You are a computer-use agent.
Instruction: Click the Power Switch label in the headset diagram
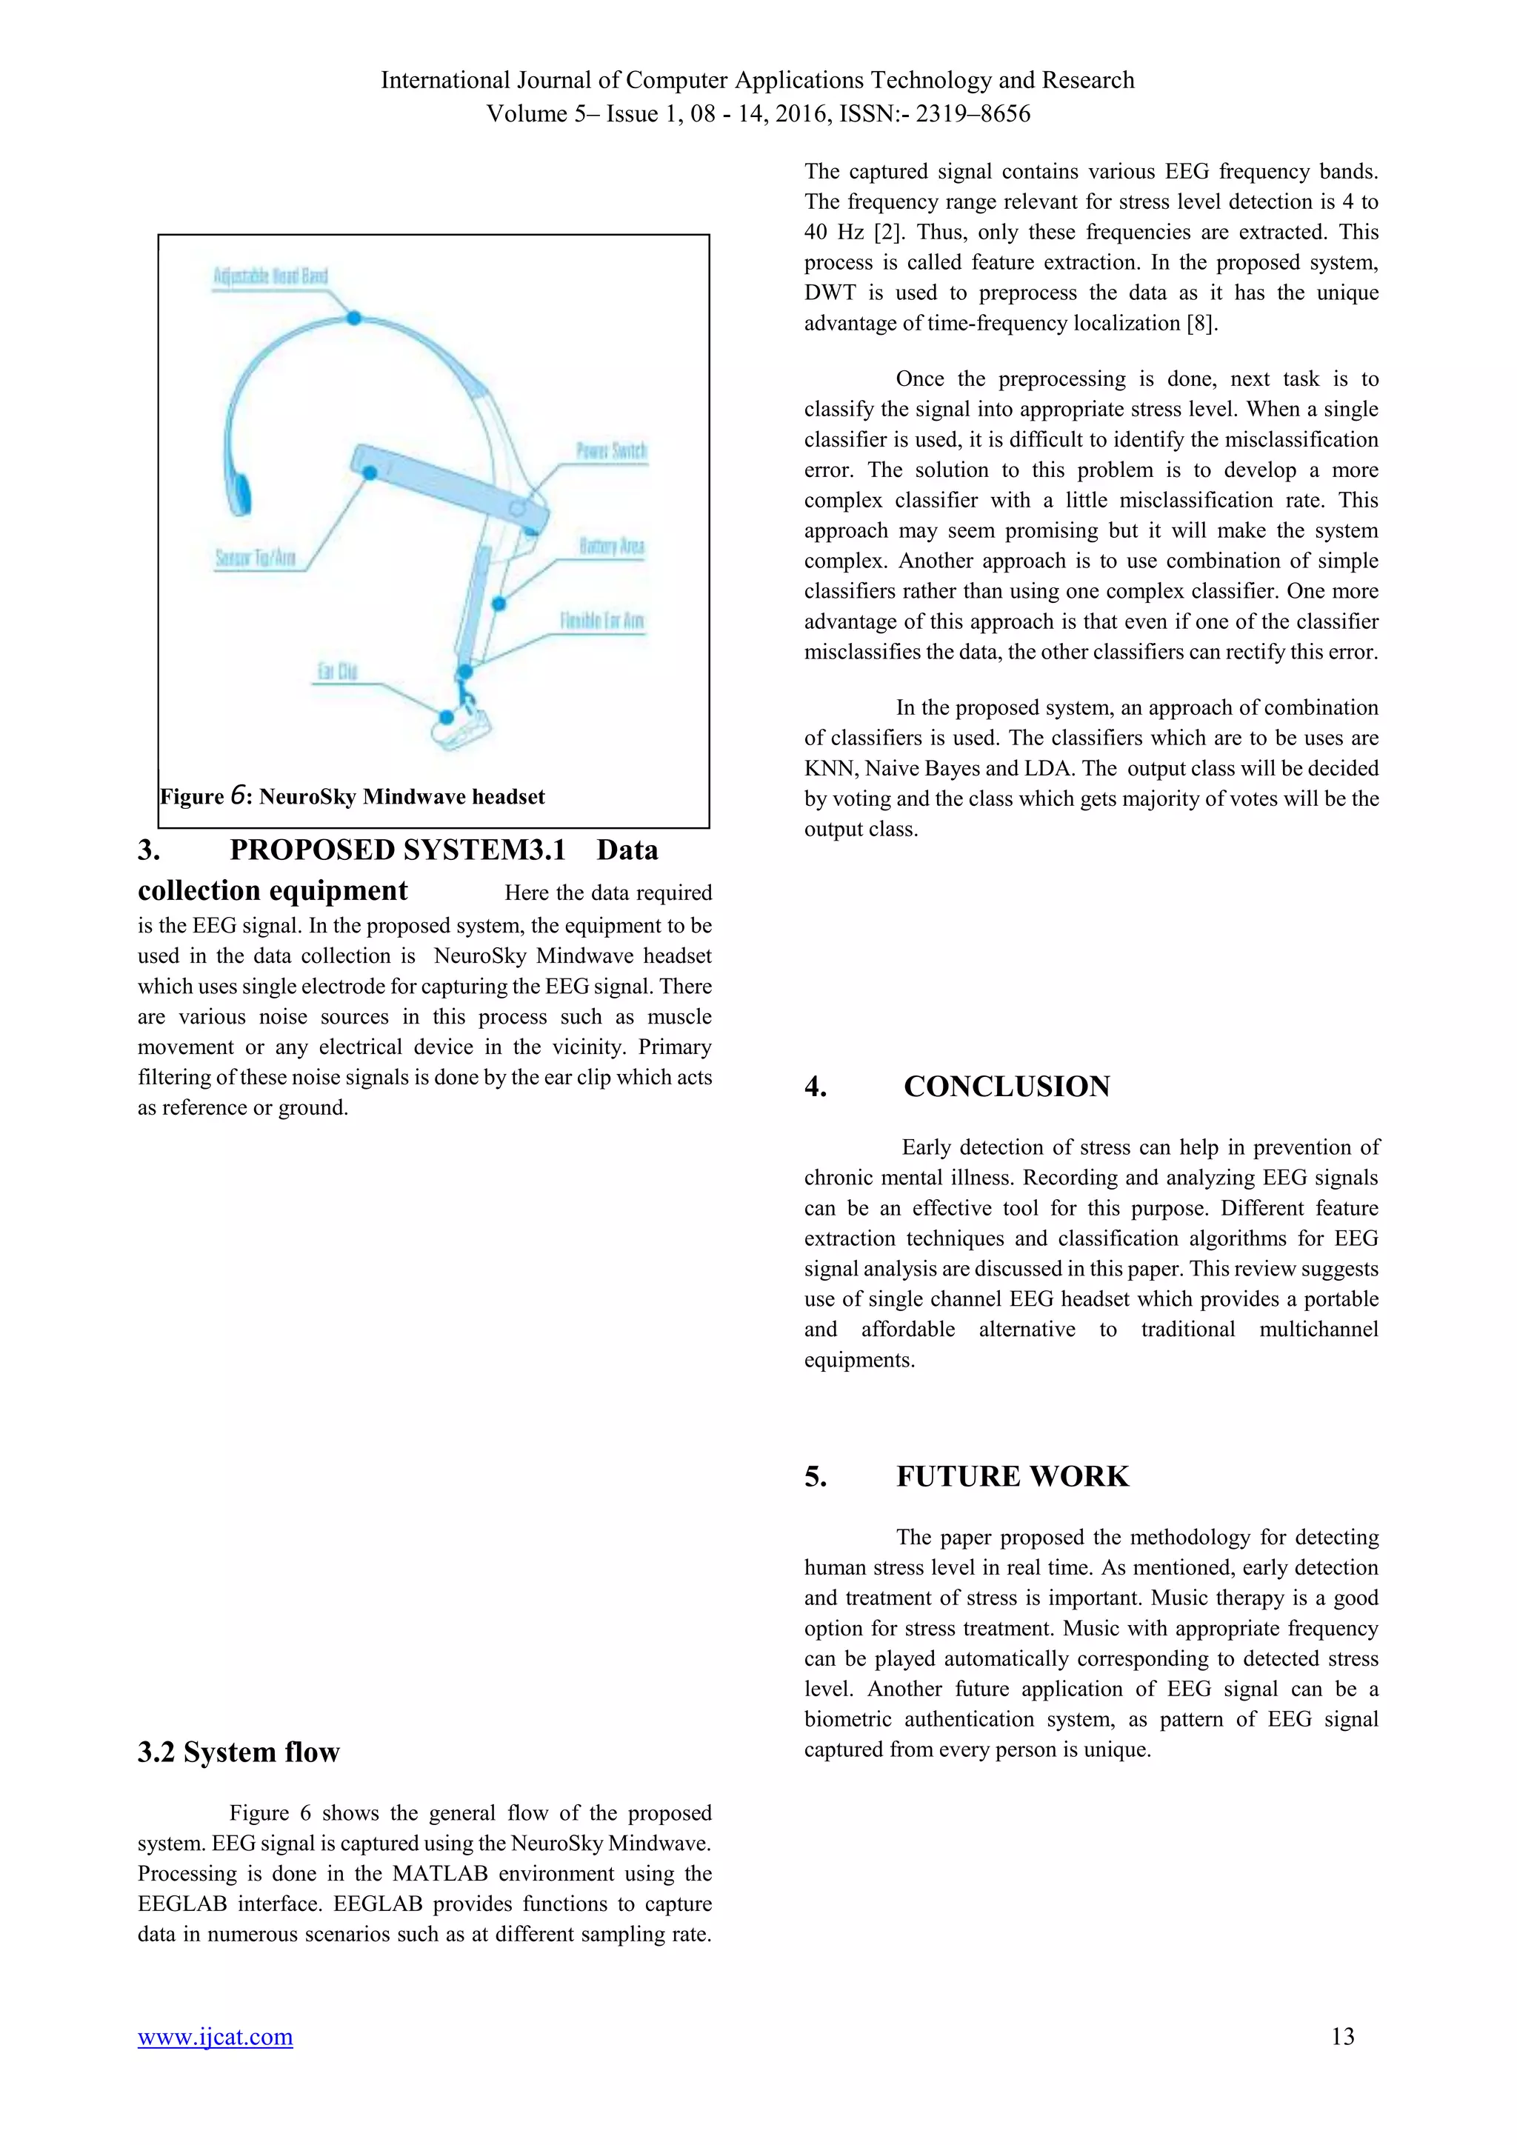tap(611, 451)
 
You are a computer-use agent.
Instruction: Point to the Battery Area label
tap(611, 547)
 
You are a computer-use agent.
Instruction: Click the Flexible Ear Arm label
tap(601, 621)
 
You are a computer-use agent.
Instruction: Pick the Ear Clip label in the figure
tap(337, 672)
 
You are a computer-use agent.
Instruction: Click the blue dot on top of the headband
tap(354, 318)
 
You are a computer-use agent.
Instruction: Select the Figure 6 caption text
tap(352, 797)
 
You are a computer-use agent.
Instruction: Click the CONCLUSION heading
tap(1006, 1087)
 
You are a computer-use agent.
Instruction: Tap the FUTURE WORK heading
tap(1012, 1476)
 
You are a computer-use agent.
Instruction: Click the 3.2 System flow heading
tap(239, 1752)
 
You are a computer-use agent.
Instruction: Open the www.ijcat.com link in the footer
tap(215, 2037)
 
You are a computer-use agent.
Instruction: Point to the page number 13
tap(1342, 2037)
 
